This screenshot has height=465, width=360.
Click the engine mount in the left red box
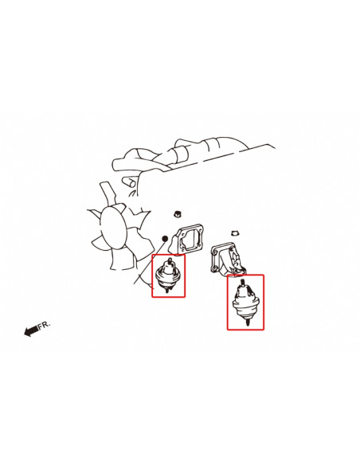coord(167,275)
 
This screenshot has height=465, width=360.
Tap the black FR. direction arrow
coord(31,330)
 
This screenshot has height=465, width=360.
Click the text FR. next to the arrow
coord(45,324)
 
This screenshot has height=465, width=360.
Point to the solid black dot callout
coord(165,238)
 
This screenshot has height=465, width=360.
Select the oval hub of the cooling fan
coord(114,227)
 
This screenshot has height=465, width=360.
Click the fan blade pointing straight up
coord(108,193)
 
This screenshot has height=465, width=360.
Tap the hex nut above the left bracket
coord(177,213)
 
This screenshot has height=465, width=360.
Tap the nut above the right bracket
coord(235,232)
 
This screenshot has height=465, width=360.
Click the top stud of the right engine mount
coord(243,283)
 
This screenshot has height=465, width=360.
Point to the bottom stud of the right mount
coord(248,322)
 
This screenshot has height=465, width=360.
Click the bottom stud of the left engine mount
coord(167,291)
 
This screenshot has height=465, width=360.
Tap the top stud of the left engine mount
coord(170,261)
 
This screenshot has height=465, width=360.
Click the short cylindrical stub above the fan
coord(130,182)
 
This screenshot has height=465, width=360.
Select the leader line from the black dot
coord(149,262)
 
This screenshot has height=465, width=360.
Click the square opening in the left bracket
coord(190,238)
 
